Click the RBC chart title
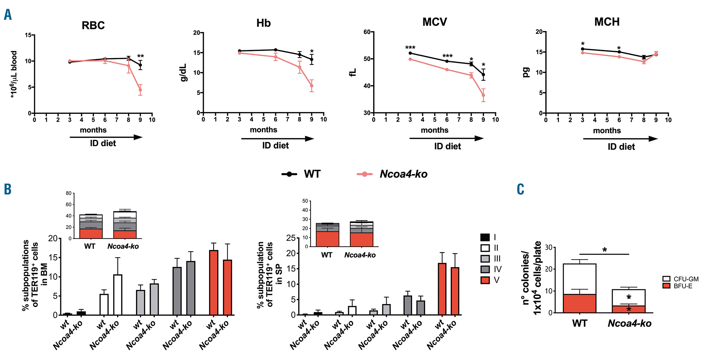pyautogui.click(x=93, y=25)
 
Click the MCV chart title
pyautogui.click(x=435, y=22)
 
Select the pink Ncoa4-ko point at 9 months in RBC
pyautogui.click(x=140, y=90)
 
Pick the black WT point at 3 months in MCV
pyautogui.click(x=410, y=53)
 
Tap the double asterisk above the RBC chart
pyautogui.click(x=140, y=56)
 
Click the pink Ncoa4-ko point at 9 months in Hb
pyautogui.click(x=312, y=86)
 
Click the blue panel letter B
pyautogui.click(x=7, y=189)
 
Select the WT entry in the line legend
pyautogui.click(x=301, y=174)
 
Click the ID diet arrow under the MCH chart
pyautogui.click(x=620, y=139)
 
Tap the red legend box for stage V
pyautogui.click(x=485, y=280)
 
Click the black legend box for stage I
pyautogui.click(x=485, y=237)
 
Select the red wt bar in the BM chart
pyautogui.click(x=214, y=283)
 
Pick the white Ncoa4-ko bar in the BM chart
pyautogui.click(x=117, y=295)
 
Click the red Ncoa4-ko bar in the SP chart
pyautogui.click(x=455, y=291)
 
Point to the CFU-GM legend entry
pyautogui.click(x=681, y=279)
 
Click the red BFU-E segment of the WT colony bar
pyautogui.click(x=580, y=303)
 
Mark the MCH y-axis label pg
pyautogui.click(x=526, y=72)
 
